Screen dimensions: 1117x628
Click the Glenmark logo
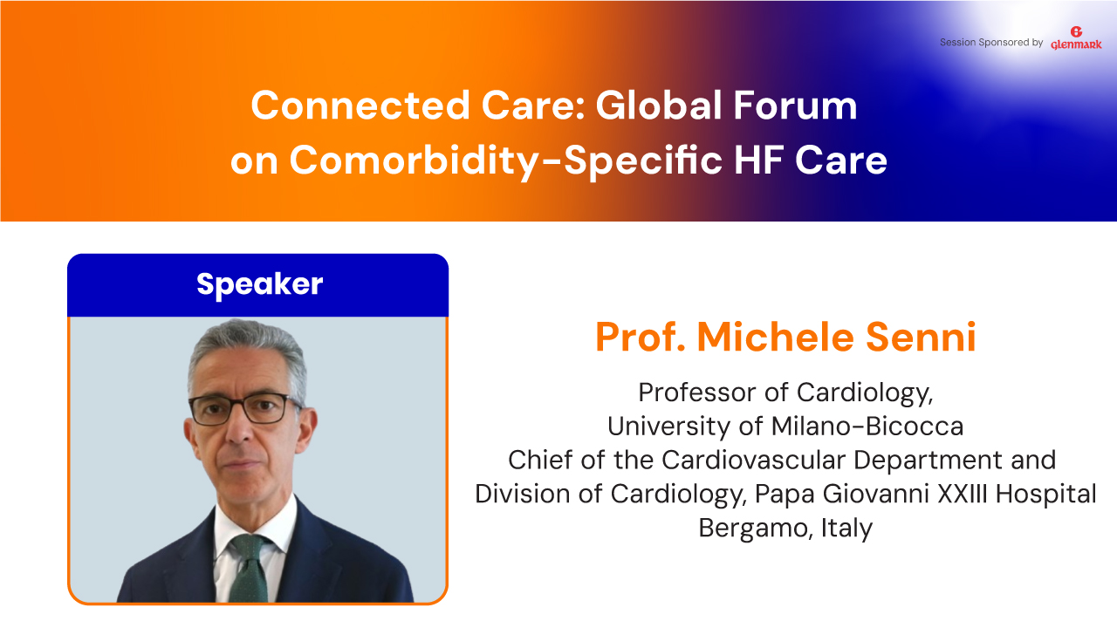1076,38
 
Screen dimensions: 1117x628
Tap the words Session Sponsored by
991,43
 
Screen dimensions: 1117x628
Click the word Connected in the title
360,106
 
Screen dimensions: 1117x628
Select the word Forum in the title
795,106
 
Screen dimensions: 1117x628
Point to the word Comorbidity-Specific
505,160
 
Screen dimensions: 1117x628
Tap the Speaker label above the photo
259,284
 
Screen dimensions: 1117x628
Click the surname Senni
921,337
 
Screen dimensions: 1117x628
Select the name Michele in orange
776,337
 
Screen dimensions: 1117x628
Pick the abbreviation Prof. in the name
641,337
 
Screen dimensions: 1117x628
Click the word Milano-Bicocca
867,427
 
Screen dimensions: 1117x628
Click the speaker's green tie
250,568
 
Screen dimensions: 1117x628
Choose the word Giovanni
875,494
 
